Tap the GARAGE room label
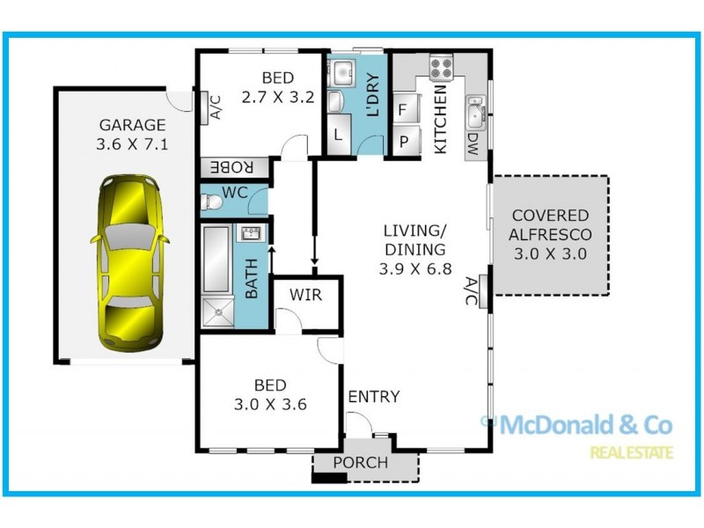(131, 125)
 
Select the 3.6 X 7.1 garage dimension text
(131, 145)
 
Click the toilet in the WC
(214, 202)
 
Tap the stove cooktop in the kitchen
(440, 66)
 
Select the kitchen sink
(476, 113)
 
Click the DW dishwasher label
(473, 141)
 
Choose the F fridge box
(402, 112)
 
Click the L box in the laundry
(339, 136)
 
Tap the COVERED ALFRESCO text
(550, 224)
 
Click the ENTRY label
(374, 397)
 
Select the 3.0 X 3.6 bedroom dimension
(269, 405)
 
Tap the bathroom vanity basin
(249, 234)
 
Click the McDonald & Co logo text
(585, 426)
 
